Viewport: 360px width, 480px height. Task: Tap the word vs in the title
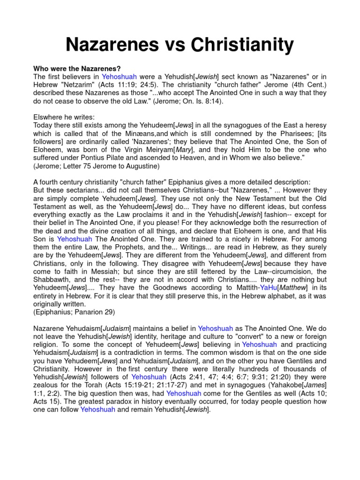(x=174, y=45)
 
